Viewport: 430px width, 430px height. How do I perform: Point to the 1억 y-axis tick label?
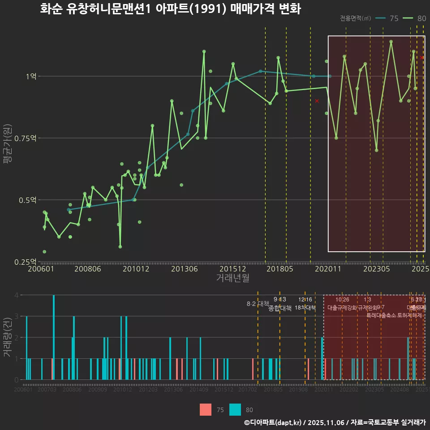coord(30,76)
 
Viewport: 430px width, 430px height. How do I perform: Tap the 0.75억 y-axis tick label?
coord(26,138)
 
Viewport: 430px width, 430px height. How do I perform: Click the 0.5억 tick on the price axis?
coord(28,200)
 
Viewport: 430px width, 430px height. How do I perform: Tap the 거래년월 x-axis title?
coord(233,278)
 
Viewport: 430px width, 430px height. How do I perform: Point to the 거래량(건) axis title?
coord(7,337)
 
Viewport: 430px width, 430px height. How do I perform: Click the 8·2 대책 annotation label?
coord(258,304)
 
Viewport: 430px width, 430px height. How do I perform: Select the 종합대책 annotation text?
coord(280,308)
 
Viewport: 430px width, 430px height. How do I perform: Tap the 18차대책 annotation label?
coord(305,308)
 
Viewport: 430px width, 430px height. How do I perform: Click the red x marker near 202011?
coord(317,101)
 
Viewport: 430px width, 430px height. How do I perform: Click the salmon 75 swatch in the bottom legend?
coord(206,409)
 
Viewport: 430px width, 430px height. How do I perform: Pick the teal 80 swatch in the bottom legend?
coord(235,409)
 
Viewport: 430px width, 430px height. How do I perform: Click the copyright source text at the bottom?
coord(335,422)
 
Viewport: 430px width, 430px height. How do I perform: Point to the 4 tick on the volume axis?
coord(16,295)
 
